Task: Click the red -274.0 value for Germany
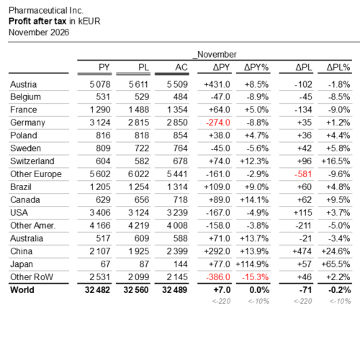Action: [x=218, y=122]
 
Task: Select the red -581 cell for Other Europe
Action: [x=303, y=174]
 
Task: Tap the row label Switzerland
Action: [x=32, y=161]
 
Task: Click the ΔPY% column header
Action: [x=256, y=68]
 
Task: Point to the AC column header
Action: [x=181, y=68]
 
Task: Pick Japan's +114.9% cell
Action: [x=252, y=264]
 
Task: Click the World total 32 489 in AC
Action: [x=174, y=290]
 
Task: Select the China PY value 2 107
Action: [x=100, y=251]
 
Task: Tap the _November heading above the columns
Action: [x=215, y=55]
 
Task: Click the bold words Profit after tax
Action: [x=37, y=21]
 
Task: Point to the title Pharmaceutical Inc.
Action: [x=46, y=11]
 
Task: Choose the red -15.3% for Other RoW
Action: [x=256, y=277]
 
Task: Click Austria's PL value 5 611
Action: [x=139, y=84]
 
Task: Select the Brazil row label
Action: [x=21, y=187]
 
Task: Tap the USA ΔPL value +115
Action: [x=303, y=212]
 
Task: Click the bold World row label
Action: [x=22, y=290]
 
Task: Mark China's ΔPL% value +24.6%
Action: [x=336, y=251]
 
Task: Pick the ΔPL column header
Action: [x=304, y=68]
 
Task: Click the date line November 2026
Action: [x=39, y=32]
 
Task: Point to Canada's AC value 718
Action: [x=180, y=199]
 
